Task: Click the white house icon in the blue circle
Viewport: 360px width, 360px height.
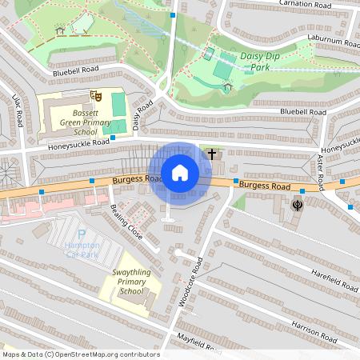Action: coord(180,173)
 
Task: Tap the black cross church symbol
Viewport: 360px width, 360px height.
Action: coord(211,153)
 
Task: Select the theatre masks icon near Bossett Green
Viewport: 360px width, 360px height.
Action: coord(97,95)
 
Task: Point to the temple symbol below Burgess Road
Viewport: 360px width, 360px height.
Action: coord(298,205)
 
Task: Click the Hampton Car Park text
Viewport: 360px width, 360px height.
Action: coord(83,249)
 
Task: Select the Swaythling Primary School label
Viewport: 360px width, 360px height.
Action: coord(127,282)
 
